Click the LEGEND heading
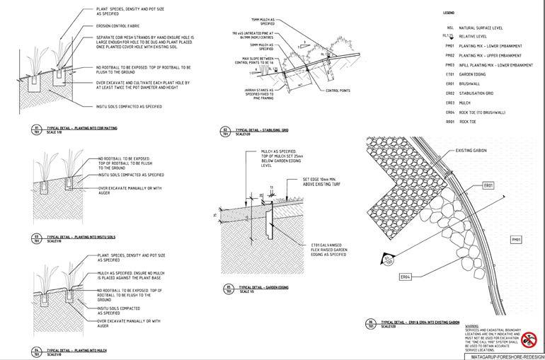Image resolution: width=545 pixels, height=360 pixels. click(449, 13)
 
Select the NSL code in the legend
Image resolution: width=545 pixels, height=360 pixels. click(449, 28)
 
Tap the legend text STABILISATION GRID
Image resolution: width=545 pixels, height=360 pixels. click(480, 93)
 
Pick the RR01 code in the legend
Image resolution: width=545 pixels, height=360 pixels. click(449, 122)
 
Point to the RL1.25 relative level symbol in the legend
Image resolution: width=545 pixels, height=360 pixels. click(447, 35)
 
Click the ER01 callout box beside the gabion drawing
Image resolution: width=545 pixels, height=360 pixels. click(488, 185)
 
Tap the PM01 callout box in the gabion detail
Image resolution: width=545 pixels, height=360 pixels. click(516, 240)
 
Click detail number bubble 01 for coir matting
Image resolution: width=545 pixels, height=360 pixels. click(37, 129)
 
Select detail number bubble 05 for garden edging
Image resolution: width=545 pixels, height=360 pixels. click(229, 288)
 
